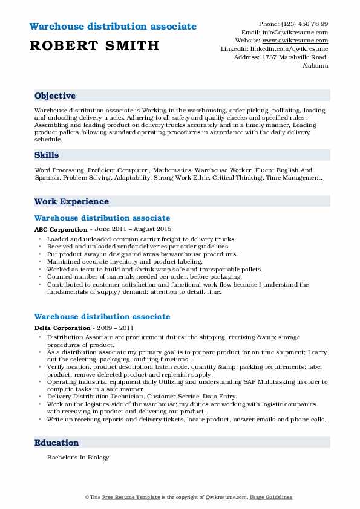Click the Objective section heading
point(55,96)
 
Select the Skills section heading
point(47,155)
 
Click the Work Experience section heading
point(71,201)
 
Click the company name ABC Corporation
point(61,230)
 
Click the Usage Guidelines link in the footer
point(272,497)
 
